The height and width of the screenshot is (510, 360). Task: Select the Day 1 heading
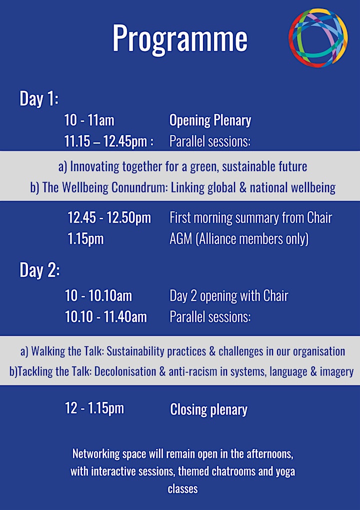[39, 98]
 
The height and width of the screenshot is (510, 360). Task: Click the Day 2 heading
[39, 270]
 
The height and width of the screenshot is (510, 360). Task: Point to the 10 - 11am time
[89, 120]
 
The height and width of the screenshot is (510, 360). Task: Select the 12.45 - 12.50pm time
[109, 218]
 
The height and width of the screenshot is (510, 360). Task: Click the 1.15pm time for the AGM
[86, 239]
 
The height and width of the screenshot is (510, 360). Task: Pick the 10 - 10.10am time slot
[98, 296]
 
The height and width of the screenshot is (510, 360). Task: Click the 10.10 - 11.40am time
[106, 317]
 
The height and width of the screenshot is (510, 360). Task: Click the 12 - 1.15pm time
[94, 408]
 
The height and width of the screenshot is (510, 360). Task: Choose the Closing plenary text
[208, 409]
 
